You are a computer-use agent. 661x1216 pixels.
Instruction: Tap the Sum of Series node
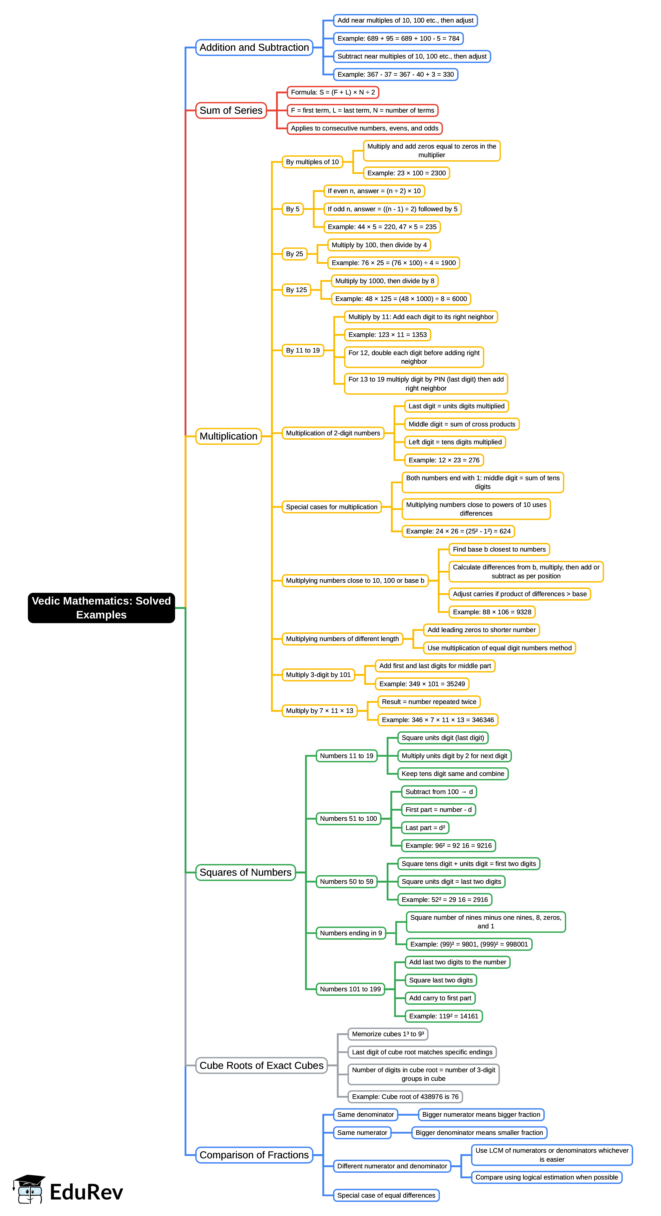click(x=231, y=110)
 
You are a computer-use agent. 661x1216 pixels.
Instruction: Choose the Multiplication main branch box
click(x=229, y=436)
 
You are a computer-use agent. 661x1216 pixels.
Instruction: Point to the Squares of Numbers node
click(x=246, y=872)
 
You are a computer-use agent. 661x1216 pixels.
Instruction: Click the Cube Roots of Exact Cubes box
click(x=262, y=1065)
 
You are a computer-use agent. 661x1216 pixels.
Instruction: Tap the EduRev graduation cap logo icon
click(x=29, y=1190)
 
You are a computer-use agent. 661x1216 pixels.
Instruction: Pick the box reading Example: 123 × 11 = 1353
click(x=387, y=335)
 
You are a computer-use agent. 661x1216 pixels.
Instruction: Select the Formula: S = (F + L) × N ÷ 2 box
click(x=333, y=93)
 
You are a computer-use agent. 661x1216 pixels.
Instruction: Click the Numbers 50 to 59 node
click(x=347, y=881)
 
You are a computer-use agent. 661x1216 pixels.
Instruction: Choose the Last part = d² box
click(x=425, y=827)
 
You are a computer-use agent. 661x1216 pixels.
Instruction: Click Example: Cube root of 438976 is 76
click(x=405, y=1096)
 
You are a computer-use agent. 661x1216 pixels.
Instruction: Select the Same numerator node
click(x=362, y=1132)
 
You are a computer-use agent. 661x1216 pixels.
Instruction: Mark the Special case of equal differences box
click(x=386, y=1195)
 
